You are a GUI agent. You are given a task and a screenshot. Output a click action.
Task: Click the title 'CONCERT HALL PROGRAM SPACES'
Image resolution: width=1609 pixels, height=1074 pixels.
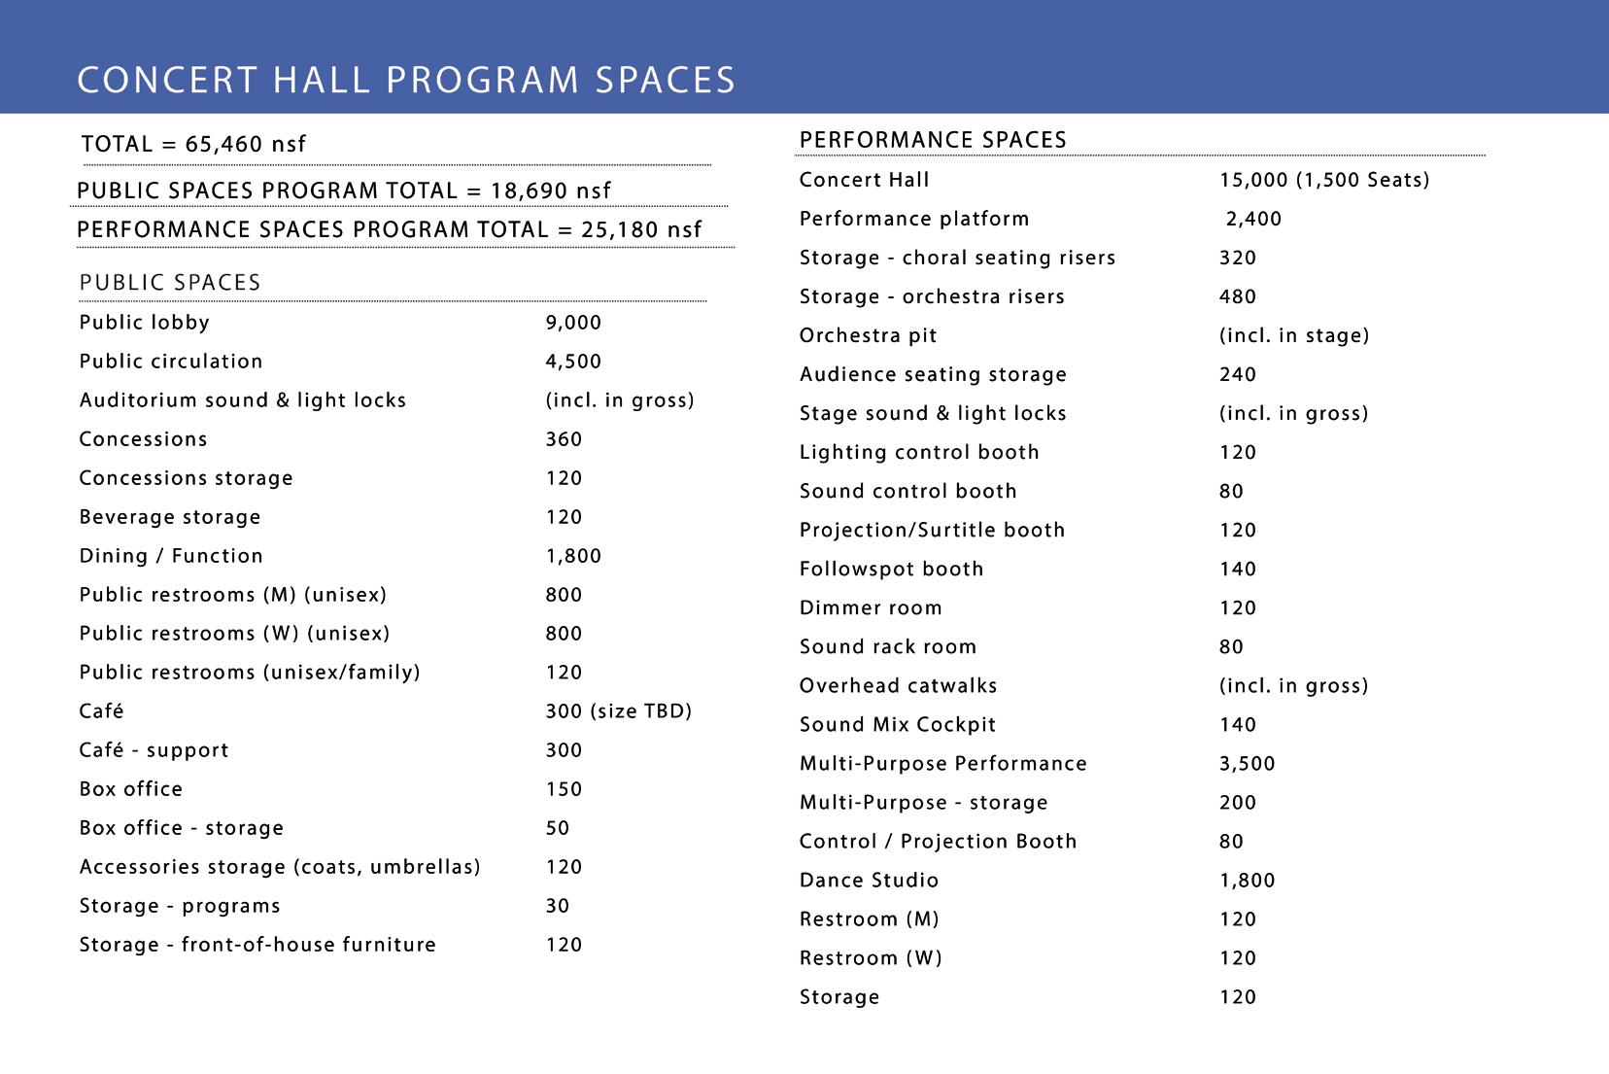[406, 80]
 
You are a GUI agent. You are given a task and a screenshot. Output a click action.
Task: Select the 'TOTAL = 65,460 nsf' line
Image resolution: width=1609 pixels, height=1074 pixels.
[193, 145]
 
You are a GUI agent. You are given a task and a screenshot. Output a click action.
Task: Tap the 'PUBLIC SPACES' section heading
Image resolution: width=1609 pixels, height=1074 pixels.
[170, 283]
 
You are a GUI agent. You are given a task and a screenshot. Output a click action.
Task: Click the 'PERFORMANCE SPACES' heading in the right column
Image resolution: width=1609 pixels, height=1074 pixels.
[933, 140]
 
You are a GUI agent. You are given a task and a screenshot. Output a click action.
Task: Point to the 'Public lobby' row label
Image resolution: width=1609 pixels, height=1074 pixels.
[144, 323]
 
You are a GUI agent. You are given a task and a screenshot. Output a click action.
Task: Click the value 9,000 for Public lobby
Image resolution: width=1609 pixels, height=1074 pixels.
[573, 323]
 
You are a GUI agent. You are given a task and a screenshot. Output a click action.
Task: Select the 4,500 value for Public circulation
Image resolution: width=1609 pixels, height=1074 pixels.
[573, 362]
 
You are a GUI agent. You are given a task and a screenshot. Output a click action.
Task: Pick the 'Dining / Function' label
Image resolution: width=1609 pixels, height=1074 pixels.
[171, 556]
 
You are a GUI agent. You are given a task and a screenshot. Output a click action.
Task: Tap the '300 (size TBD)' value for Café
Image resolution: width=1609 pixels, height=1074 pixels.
[618, 711]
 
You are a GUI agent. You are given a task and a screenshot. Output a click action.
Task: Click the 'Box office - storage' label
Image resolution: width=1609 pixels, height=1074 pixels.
[182, 828]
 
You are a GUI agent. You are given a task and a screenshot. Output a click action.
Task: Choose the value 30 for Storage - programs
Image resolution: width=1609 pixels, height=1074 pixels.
[558, 906]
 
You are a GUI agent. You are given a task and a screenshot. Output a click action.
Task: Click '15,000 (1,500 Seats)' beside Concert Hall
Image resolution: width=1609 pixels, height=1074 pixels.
[1324, 180]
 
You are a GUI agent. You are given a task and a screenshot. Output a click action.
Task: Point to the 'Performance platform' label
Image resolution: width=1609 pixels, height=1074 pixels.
[913, 219]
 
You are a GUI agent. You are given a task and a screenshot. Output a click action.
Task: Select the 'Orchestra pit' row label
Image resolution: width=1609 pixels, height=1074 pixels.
[868, 335]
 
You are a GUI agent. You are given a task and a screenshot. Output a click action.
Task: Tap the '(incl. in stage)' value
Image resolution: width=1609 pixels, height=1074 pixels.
[1293, 335]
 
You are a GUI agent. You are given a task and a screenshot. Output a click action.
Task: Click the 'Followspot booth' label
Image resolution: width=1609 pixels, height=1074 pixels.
[891, 569]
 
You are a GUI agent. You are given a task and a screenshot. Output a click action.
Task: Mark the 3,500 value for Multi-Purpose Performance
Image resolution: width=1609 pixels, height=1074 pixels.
[1247, 763]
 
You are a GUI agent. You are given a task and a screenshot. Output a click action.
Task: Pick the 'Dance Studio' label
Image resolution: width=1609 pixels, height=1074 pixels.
[869, 881]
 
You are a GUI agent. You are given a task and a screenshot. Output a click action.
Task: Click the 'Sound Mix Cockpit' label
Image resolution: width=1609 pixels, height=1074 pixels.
[898, 724]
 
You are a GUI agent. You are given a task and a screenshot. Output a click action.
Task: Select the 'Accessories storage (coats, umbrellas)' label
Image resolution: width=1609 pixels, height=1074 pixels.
[280, 867]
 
